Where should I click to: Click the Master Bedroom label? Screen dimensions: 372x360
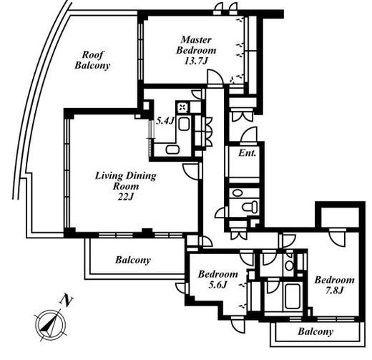coord(196,45)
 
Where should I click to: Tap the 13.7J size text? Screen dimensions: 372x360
coord(196,61)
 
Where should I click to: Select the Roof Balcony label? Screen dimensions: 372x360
coord(92,60)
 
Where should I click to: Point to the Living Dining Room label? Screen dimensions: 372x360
coord(126,181)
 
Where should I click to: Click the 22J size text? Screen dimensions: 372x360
coord(125,197)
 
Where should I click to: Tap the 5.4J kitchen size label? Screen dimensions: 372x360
coord(165,121)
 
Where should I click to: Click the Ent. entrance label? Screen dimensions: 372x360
coord(247,153)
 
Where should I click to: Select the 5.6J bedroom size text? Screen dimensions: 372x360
coord(217,285)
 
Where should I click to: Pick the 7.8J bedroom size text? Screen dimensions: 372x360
coord(334,291)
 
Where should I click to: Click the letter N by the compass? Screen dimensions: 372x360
coord(66,301)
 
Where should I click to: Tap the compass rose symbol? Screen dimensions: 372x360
coord(51,324)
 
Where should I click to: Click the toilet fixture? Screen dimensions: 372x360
coord(250,206)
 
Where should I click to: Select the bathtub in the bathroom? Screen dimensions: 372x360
coord(293,296)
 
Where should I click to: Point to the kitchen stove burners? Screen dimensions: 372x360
coord(183,107)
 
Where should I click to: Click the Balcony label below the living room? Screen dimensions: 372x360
coord(133,260)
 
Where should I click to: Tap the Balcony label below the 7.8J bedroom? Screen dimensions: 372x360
coord(315,331)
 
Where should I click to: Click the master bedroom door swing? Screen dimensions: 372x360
coord(215,77)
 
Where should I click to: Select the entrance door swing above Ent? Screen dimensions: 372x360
coord(249,135)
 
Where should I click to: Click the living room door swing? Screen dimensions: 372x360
coord(191,171)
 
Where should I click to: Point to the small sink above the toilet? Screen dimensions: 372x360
coord(236,193)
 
